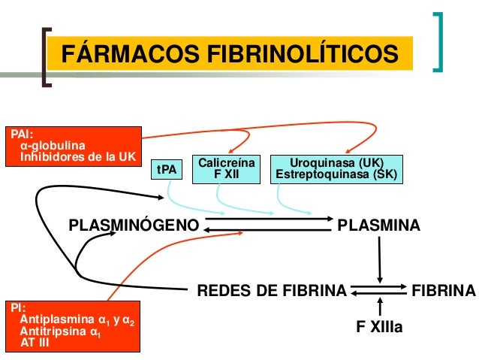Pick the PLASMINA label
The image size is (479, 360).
[x=379, y=225]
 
